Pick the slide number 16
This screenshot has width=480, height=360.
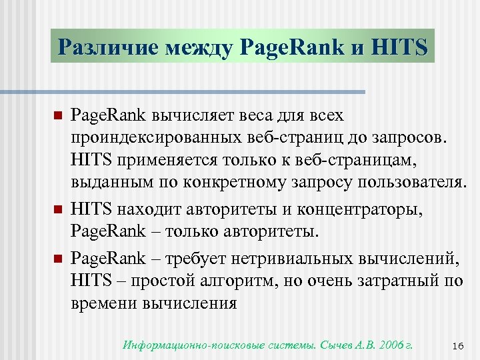457,345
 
